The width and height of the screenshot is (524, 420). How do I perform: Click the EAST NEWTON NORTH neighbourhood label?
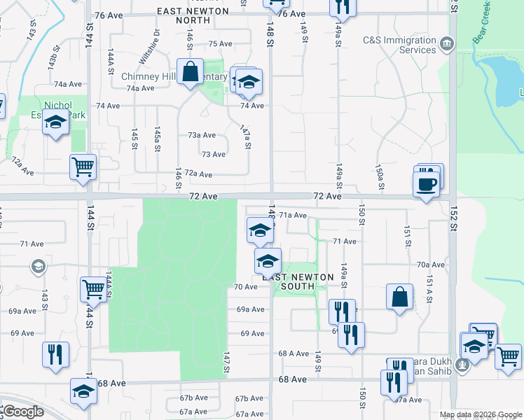[193, 15]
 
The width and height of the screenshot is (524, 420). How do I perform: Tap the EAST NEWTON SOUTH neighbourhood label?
[298, 281]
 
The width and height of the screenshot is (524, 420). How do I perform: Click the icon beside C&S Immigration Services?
[446, 46]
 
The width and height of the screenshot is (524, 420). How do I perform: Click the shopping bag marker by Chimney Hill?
[190, 72]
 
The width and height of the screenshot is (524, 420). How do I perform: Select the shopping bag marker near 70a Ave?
[399, 296]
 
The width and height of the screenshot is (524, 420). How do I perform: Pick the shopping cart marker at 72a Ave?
[83, 168]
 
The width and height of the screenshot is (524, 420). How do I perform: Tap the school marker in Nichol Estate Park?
[55, 124]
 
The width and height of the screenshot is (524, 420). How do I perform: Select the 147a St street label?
[245, 137]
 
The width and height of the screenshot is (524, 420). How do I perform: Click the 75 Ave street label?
[220, 43]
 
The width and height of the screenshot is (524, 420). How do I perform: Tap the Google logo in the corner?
[23, 412]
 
